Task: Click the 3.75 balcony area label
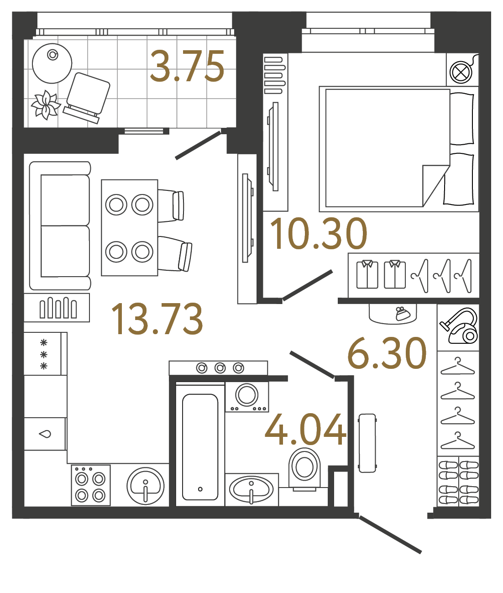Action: pyautogui.click(x=187, y=67)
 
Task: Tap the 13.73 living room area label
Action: pyautogui.click(x=157, y=319)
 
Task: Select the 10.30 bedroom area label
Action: pyautogui.click(x=319, y=234)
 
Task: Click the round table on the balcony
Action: pyautogui.click(x=52, y=63)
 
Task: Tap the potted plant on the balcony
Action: pyautogui.click(x=46, y=105)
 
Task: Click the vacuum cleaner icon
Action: pyautogui.click(x=459, y=326)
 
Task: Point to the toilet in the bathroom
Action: pyautogui.click(x=304, y=467)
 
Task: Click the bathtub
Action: pyautogui.click(x=200, y=446)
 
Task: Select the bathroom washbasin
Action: pyautogui.click(x=251, y=489)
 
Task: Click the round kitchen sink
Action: pyautogui.click(x=146, y=486)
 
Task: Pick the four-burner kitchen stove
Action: pyautogui.click(x=90, y=485)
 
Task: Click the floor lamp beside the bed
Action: pyautogui.click(x=461, y=72)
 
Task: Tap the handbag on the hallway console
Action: pyautogui.click(x=403, y=314)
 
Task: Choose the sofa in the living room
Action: pyautogui.click(x=60, y=226)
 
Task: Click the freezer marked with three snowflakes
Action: pyautogui.click(x=44, y=354)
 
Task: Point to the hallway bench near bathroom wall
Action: pyautogui.click(x=367, y=442)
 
